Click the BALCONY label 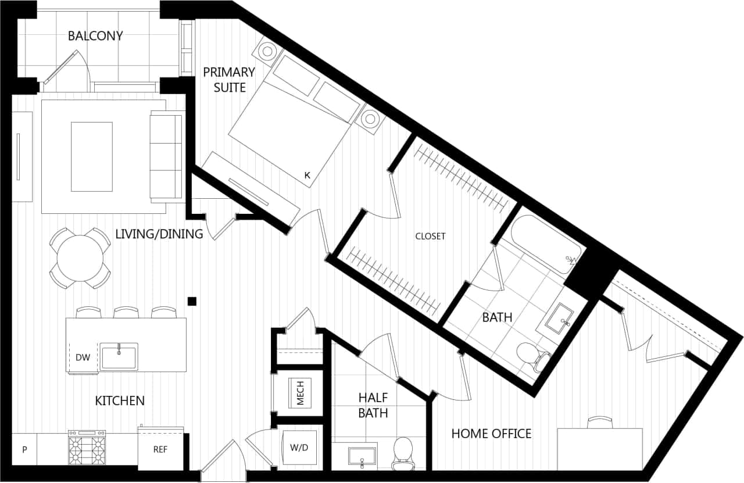coord(95,36)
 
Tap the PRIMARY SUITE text coord(228,80)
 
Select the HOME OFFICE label coord(491,433)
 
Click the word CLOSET coord(430,236)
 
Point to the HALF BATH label coord(373,405)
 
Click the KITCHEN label coord(120,400)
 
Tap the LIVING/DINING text coord(159,234)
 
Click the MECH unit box coord(301,392)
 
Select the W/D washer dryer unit coord(299,448)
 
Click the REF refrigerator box coord(160,449)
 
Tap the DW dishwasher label coord(83,357)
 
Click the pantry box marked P coord(24,449)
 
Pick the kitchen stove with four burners coord(87,448)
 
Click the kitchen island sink coord(119,356)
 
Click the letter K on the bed coord(306,174)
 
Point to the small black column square coord(192,300)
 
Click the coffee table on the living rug coord(91,156)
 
